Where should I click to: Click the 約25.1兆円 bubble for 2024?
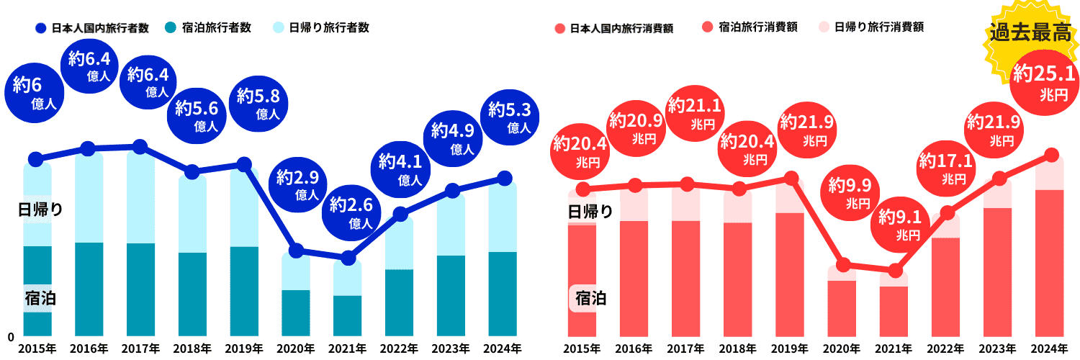[x=1043, y=81]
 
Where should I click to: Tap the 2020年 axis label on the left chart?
[x=295, y=348]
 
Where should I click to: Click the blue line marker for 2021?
[x=348, y=258]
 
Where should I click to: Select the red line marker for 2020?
[x=844, y=264]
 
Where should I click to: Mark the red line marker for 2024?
[x=1050, y=155]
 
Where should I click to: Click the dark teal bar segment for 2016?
[x=89, y=288]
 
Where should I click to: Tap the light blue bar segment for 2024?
[x=503, y=216]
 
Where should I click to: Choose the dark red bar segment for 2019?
[x=790, y=274]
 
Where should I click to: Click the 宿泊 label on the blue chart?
[x=40, y=298]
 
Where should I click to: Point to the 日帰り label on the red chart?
[x=590, y=212]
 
